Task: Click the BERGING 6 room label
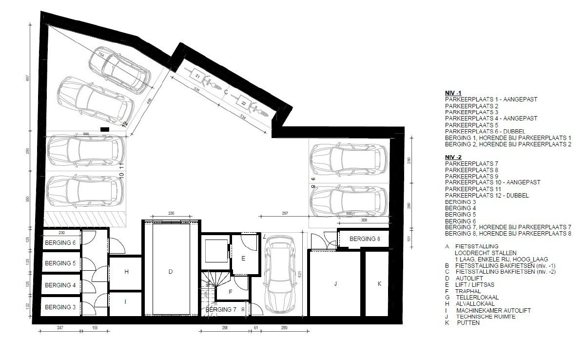[x=60, y=242]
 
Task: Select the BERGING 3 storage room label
[x=60, y=307]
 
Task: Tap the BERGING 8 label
[x=365, y=239]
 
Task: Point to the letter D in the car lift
[x=171, y=272]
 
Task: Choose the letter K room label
[x=380, y=283]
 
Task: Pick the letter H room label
[x=126, y=272]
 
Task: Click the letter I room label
[x=125, y=302]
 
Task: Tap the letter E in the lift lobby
[x=243, y=259]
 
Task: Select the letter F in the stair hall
[x=231, y=292]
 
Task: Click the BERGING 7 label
[x=221, y=310]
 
